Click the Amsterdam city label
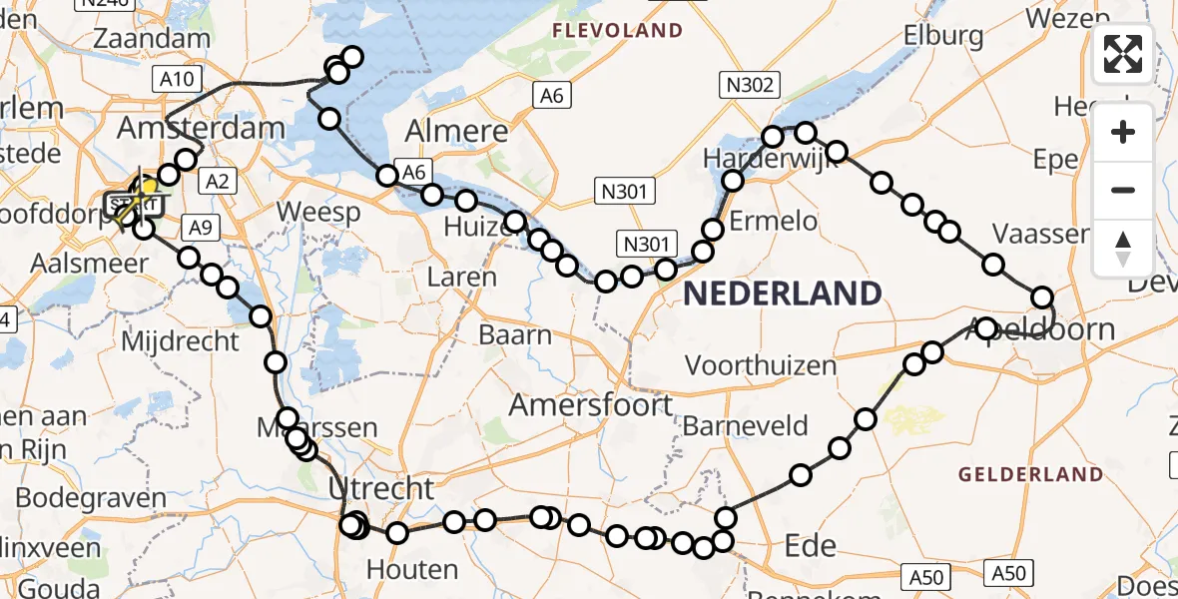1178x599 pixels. [x=202, y=128]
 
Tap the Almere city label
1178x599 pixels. [x=458, y=132]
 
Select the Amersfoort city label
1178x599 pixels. [x=591, y=404]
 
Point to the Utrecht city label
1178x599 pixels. [x=382, y=488]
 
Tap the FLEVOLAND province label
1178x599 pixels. [x=619, y=31]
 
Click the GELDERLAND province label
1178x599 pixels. [x=1031, y=474]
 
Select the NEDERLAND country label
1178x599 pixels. [x=783, y=294]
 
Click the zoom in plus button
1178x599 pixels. [x=1123, y=133]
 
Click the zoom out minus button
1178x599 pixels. [x=1123, y=190]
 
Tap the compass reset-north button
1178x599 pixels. [x=1123, y=248]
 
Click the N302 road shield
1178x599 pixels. [x=750, y=85]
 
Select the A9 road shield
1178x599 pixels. [x=202, y=228]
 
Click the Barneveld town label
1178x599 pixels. [x=746, y=426]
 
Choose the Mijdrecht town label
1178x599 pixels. [x=180, y=341]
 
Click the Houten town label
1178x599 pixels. [x=412, y=569]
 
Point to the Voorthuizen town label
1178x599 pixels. [x=761, y=365]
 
